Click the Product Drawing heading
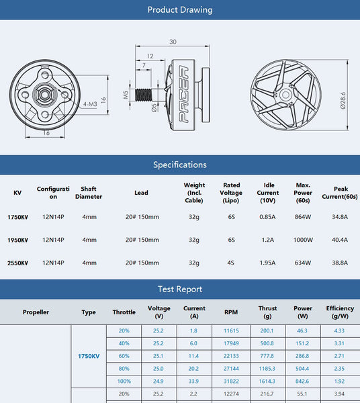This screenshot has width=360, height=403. pyautogui.click(x=179, y=10)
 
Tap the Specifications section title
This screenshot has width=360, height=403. pyautogui.click(x=179, y=165)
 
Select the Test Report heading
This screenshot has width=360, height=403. pyautogui.click(x=179, y=289)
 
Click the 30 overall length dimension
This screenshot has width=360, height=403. pyautogui.click(x=173, y=42)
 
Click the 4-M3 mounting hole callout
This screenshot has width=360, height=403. pyautogui.click(x=89, y=105)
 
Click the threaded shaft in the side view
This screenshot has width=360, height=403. pyautogui.click(x=144, y=95)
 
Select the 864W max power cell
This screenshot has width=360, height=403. pyautogui.click(x=303, y=217)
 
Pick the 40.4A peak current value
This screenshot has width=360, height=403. pyautogui.click(x=340, y=240)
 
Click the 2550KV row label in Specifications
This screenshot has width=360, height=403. pyautogui.click(x=17, y=263)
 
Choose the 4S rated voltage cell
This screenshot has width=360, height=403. pyautogui.click(x=231, y=263)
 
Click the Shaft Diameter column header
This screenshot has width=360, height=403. pyautogui.click(x=89, y=193)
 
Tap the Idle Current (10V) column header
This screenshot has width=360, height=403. pyautogui.click(x=268, y=193)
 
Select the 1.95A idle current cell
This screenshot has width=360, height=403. pyautogui.click(x=268, y=263)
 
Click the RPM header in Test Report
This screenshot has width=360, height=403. pyautogui.click(x=231, y=312)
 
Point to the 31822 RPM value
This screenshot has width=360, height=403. pyautogui.click(x=231, y=380)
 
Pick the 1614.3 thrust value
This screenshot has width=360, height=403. pyautogui.click(x=267, y=380)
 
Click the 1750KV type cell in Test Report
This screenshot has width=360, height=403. pyautogui.click(x=89, y=356)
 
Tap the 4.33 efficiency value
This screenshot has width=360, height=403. pyautogui.click(x=340, y=330)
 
